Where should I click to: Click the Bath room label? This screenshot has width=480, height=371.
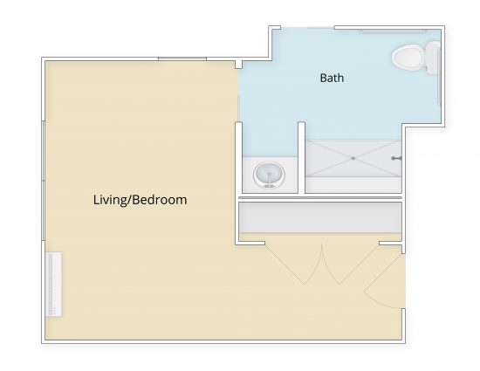point(332,78)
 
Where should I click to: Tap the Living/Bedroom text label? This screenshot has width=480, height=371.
point(141,200)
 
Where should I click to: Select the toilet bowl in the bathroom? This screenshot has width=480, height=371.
point(408,58)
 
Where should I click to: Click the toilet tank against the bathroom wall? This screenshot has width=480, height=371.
point(433,58)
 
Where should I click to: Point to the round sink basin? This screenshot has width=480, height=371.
point(269,175)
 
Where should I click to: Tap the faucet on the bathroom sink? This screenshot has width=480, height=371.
point(269,181)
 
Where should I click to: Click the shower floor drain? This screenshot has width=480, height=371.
point(353,158)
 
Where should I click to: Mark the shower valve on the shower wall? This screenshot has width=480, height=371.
point(396,158)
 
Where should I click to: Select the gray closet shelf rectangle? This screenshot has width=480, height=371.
point(320,217)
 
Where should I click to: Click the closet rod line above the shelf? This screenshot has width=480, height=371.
point(320,198)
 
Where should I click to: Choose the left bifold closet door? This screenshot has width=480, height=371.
point(293,264)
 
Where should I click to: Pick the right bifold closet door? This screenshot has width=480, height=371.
point(351,264)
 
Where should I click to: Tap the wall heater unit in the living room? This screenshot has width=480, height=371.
point(54,284)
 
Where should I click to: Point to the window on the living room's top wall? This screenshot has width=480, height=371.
point(182,58)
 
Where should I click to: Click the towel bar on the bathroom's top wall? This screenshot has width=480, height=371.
point(393,31)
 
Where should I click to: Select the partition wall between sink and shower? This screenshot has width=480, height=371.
point(302,158)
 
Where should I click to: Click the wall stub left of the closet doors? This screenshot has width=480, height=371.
point(250,243)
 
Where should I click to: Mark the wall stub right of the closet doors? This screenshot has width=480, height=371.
point(391,243)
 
